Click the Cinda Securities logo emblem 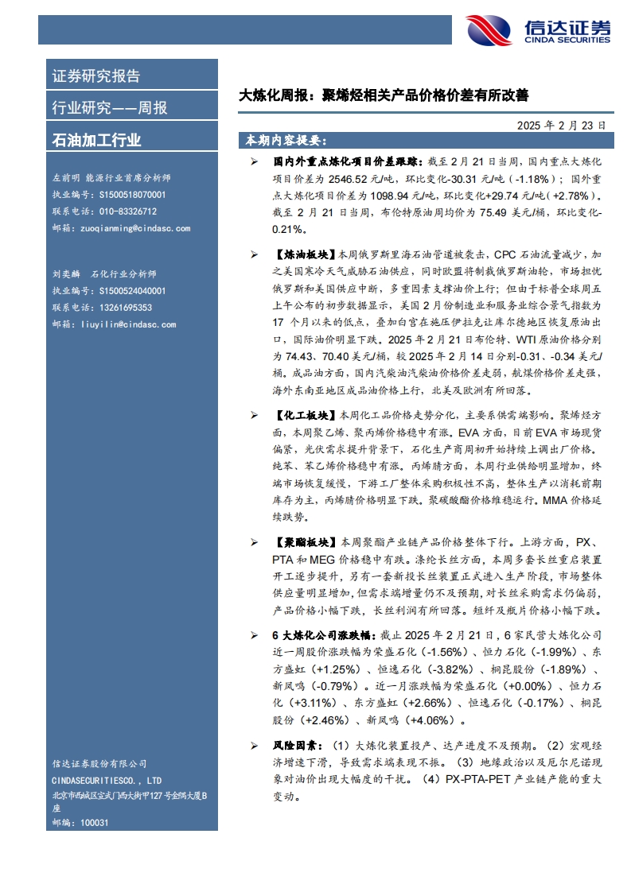pos(489,30)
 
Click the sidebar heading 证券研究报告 pos(95,76)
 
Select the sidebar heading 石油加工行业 pos(96,141)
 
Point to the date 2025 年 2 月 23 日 pos(560,125)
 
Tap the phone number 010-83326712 pos(117,211)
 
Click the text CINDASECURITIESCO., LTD pos(107,780)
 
